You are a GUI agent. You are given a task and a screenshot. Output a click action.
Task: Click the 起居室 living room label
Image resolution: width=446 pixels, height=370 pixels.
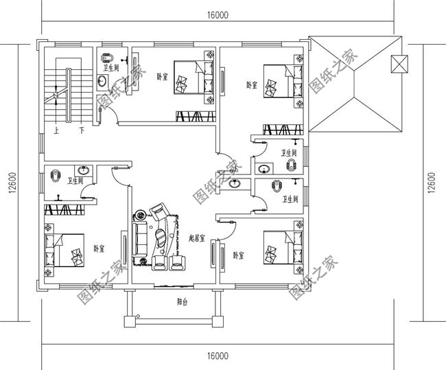[198, 238]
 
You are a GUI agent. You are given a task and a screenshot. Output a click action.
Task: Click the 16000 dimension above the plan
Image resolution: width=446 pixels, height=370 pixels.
[216, 14]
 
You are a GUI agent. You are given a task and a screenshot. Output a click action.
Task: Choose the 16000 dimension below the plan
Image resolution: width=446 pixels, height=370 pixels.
[216, 355]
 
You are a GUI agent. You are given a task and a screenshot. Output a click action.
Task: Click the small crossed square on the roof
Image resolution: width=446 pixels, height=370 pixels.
[397, 64]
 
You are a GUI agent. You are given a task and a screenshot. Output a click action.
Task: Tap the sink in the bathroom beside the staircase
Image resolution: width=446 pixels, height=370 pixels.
[102, 82]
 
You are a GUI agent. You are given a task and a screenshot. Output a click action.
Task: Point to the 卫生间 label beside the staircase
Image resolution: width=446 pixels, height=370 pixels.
[112, 69]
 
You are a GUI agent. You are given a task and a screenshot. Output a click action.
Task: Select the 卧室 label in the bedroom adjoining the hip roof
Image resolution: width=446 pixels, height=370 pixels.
[252, 85]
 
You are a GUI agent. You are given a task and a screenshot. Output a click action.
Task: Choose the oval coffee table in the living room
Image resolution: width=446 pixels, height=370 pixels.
[161, 239]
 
